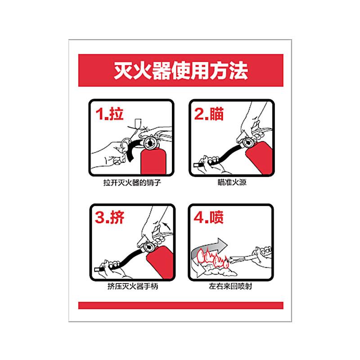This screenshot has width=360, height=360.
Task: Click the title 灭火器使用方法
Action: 181,70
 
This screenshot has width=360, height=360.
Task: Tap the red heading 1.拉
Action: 109,113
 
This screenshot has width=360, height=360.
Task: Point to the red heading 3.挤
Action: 109,217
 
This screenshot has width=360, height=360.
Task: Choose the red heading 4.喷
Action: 208,217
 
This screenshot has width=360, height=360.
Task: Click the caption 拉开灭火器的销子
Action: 132,183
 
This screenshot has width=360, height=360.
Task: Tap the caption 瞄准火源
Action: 232,182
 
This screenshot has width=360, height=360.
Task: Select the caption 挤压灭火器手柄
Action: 133,286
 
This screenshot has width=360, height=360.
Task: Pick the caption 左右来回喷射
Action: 230,286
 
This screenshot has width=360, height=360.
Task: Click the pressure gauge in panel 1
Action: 150,143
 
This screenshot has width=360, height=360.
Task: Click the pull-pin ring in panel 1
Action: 126,144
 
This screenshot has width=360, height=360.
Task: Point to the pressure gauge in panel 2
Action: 248,143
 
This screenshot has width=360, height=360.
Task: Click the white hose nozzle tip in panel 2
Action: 198,165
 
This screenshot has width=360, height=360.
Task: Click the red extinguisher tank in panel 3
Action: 160,262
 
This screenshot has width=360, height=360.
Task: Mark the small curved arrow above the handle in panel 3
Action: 167,225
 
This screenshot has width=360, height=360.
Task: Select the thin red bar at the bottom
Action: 181,306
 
